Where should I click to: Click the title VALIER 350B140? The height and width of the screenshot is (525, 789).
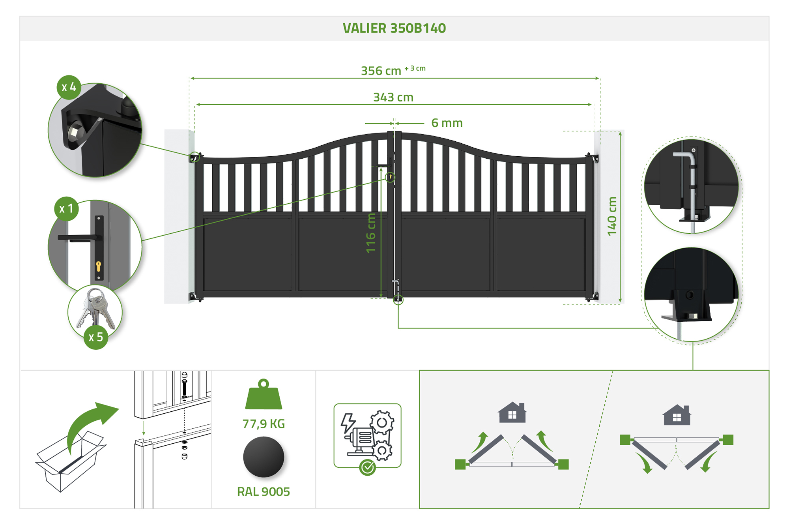coord(394,28)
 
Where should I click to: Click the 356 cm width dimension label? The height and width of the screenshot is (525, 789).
coord(381,71)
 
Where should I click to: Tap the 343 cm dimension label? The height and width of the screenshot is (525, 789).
coord(393,97)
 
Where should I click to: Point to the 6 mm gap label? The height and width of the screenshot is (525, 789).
coord(447,123)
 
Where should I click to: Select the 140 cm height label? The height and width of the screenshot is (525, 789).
coord(612,216)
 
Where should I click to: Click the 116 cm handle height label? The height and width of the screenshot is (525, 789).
coord(371,233)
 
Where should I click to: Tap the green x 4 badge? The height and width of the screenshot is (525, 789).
coord(69,87)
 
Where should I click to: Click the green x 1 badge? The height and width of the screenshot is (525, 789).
coord(66,209)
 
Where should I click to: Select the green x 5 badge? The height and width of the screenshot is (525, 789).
coord(96,337)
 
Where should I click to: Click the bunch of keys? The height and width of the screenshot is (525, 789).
coord(96,308)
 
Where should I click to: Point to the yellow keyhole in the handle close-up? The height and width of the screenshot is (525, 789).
coord(99,266)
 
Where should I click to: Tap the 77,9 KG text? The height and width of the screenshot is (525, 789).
coord(264,424)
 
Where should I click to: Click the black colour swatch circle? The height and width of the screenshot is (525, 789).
coord(264,457)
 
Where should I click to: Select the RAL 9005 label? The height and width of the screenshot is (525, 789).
coord(264,492)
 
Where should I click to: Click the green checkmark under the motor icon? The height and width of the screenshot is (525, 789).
coord(368,468)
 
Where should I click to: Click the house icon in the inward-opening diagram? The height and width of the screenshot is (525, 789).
coord(677,415)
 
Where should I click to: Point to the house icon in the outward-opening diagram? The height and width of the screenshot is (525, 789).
coord(512,412)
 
